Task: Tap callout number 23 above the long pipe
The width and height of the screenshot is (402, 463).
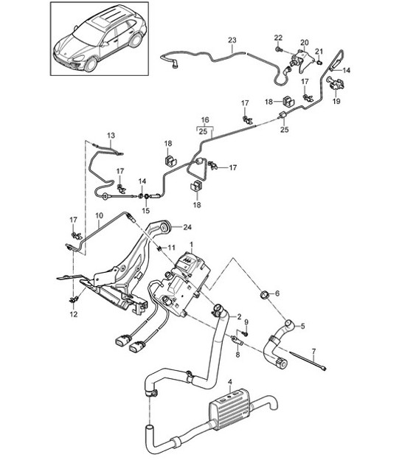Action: pyautogui.click(x=232, y=41)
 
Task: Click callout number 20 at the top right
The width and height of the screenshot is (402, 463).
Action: pyautogui.click(x=305, y=43)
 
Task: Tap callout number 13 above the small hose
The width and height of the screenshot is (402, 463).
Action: pyautogui.click(x=111, y=136)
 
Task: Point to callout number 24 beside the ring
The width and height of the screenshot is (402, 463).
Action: pyautogui.click(x=187, y=227)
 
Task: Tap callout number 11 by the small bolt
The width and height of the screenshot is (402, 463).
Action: pyautogui.click(x=172, y=247)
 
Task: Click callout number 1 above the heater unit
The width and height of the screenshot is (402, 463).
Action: pyautogui.click(x=193, y=244)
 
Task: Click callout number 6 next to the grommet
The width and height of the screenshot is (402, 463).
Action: pyautogui.click(x=277, y=293)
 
